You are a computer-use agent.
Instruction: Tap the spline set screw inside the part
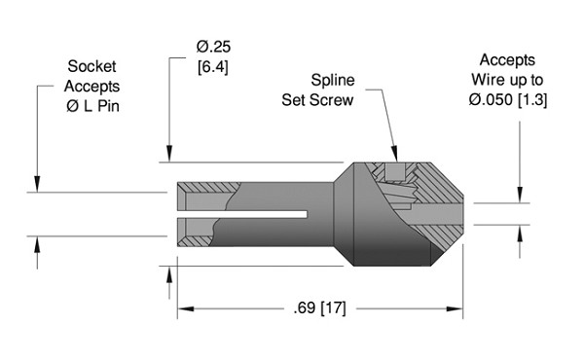point(394,178)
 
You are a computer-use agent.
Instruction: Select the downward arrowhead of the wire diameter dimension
point(519,198)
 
